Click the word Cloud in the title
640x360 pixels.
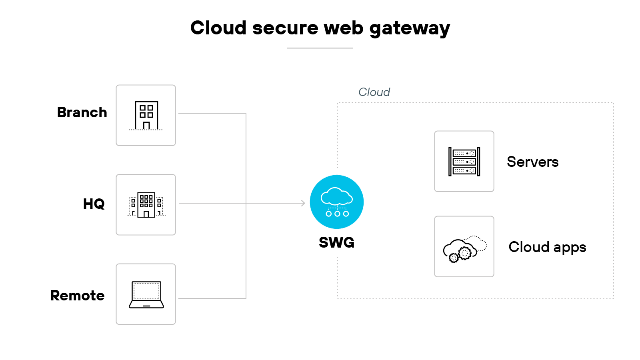[218, 28]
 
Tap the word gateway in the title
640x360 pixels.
[410, 29]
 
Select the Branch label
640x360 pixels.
[82, 112]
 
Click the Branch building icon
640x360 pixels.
[146, 115]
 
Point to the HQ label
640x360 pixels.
[94, 204]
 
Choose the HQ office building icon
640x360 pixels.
[146, 205]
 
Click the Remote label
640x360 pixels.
[77, 296]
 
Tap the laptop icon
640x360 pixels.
[146, 294]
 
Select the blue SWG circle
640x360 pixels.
[336, 202]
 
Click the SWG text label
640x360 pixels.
[336, 242]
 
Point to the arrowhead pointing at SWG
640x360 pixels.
[303, 203]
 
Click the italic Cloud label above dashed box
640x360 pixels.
[374, 92]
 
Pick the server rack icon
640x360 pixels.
[464, 162]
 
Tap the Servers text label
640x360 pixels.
[532, 162]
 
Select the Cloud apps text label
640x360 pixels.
[547, 247]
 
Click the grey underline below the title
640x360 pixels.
[320, 48]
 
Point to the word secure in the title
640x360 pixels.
[285, 28]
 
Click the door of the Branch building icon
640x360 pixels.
[146, 126]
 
